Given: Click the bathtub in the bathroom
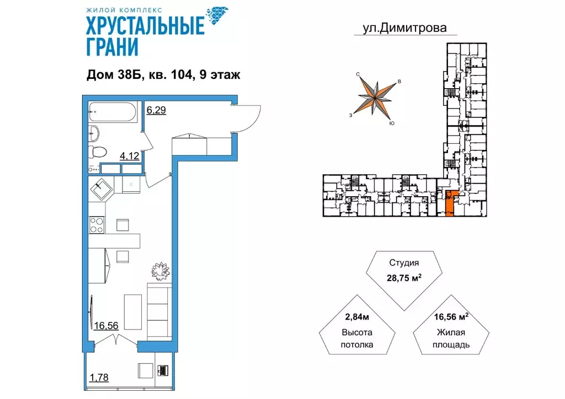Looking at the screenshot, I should tap(113, 112).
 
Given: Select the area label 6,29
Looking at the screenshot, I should tap(156, 110).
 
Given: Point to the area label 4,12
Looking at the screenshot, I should tap(130, 156).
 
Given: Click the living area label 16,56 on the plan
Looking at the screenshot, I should tap(106, 326).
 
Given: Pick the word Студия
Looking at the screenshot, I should tap(408, 263).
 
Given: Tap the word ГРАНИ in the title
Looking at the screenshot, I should tap(111, 47).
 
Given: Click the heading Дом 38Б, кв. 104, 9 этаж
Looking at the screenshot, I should tap(163, 76).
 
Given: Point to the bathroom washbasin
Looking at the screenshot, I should tap(94, 133).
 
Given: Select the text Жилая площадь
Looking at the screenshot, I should tap(452, 338).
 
